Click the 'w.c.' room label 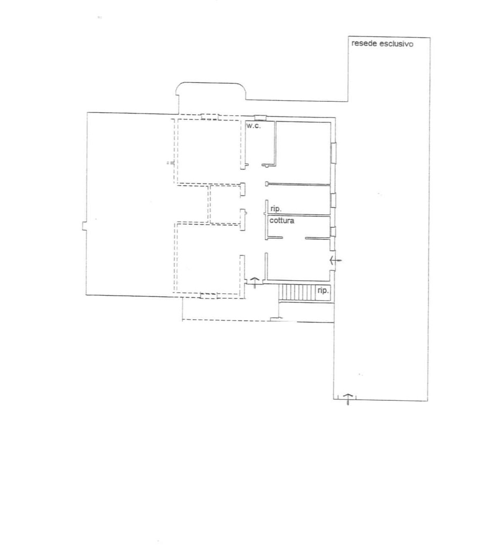pyautogui.click(x=254, y=126)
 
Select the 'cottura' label pyautogui.click(x=282, y=221)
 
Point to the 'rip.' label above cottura pyautogui.click(x=276, y=209)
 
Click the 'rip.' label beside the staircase pyautogui.click(x=323, y=290)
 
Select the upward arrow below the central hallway pyautogui.click(x=255, y=282)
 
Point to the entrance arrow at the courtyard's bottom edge pyautogui.click(x=348, y=399)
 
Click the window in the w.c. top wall pyautogui.click(x=260, y=118)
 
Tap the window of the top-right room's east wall pyautogui.click(x=334, y=153)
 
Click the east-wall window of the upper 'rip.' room pyautogui.click(x=333, y=200)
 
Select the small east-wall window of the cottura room pyautogui.click(x=333, y=232)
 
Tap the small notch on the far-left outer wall pyautogui.click(x=84, y=226)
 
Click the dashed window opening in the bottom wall pyautogui.click(x=209, y=295)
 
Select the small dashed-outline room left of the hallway pyautogui.click(x=225, y=205)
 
